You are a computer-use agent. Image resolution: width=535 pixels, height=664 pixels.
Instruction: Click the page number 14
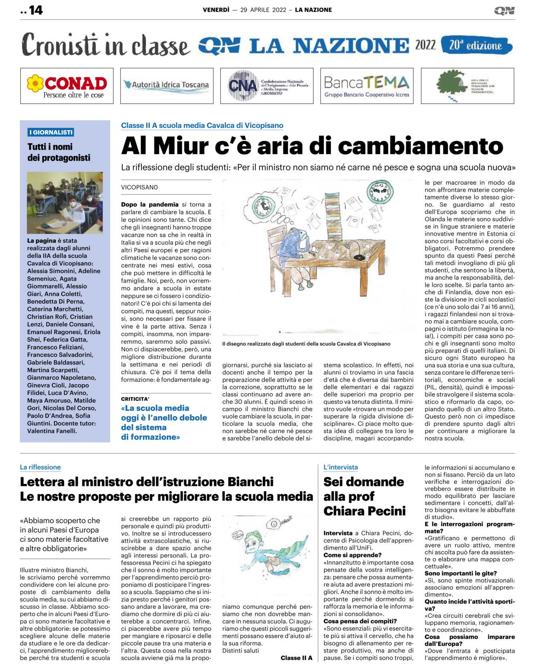click(x=35, y=10)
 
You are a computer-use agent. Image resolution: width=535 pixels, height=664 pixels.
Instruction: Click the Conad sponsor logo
click(x=67, y=86)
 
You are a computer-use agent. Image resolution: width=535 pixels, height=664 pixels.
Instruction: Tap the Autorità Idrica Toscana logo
click(x=167, y=85)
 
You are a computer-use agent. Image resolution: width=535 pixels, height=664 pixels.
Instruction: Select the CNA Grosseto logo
click(x=267, y=86)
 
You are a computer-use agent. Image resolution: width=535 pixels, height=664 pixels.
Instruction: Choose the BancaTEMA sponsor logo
click(x=367, y=86)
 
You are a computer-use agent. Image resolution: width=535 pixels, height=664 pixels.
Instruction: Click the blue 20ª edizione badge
click(x=476, y=45)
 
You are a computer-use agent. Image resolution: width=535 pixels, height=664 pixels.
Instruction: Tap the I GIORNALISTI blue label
click(x=51, y=132)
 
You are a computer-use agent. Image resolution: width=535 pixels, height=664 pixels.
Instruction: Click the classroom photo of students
click(x=65, y=203)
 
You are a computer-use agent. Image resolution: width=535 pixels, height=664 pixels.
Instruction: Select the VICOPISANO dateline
click(x=139, y=188)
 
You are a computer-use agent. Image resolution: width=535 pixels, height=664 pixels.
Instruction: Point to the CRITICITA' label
click(x=135, y=399)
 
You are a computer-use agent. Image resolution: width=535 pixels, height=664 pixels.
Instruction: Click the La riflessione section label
click(x=40, y=467)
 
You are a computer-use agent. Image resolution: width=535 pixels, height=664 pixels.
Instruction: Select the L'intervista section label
click(x=341, y=467)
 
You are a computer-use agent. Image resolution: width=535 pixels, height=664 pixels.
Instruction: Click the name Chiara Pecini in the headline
click(x=365, y=511)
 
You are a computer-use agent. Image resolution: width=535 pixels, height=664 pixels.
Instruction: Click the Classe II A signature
click(x=296, y=658)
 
